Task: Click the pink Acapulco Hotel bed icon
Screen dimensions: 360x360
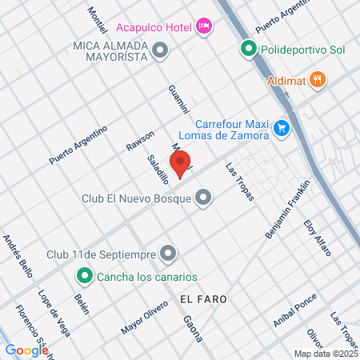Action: point(204,27)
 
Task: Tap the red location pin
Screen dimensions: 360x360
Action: point(181,165)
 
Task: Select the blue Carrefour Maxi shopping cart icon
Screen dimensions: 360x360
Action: point(281,127)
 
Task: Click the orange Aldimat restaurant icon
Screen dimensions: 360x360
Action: point(318,78)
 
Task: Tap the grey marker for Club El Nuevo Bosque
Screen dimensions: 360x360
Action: point(204,197)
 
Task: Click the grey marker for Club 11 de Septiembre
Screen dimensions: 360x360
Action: point(168,254)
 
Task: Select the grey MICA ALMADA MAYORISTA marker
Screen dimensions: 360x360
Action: point(161,51)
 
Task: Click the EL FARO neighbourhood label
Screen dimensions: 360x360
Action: point(198,298)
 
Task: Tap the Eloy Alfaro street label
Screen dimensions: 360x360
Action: point(317,238)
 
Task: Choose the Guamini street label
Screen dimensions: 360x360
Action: point(178,98)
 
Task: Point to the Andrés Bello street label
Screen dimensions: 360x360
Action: point(18,255)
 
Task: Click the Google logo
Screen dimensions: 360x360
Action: point(26,350)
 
